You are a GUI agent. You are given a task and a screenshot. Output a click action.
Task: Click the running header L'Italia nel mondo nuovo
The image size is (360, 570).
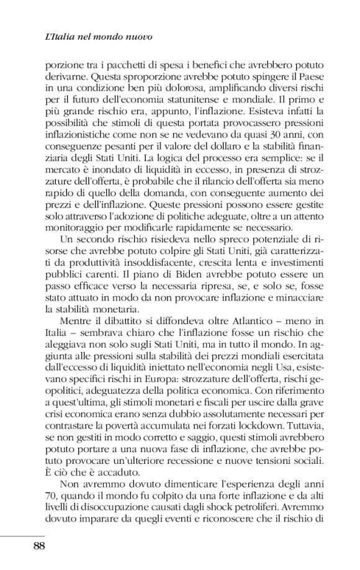tap(99, 37)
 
